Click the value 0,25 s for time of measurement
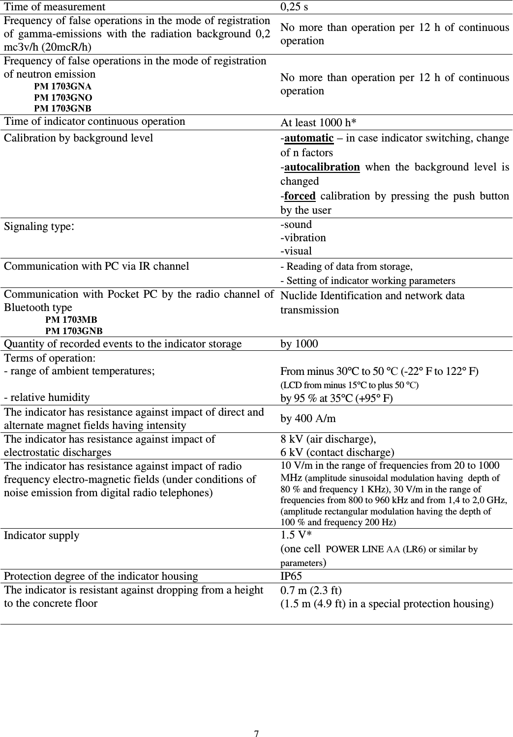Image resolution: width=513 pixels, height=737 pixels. tap(294, 7)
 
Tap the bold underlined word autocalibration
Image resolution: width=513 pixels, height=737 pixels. tap(322, 167)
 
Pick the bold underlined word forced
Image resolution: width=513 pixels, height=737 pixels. tap(300, 196)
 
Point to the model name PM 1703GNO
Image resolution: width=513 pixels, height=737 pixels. tap(63, 97)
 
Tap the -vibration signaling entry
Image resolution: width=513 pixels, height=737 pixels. tap(303, 238)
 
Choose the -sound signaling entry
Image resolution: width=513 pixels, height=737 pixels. tap(296, 225)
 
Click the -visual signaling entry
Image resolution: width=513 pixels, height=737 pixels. tap(296, 251)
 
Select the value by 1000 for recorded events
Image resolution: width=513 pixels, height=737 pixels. tap(299, 344)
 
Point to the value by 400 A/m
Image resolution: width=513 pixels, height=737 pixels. tap(308, 419)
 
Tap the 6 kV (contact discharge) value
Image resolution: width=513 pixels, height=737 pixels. tap(337, 452)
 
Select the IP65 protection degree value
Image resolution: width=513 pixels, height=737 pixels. tap(291, 576)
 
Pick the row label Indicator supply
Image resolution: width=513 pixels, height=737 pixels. tap(41, 536)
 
